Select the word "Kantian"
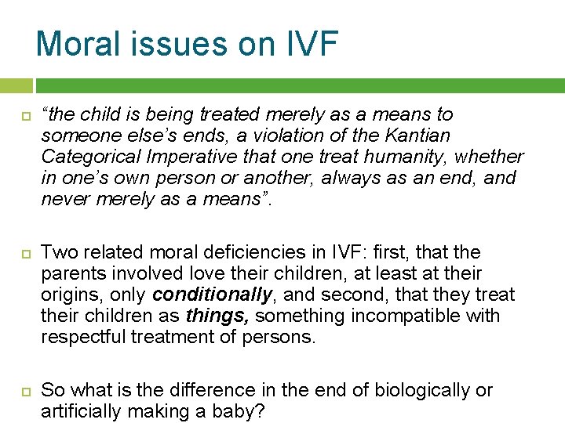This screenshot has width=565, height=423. point(421,135)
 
